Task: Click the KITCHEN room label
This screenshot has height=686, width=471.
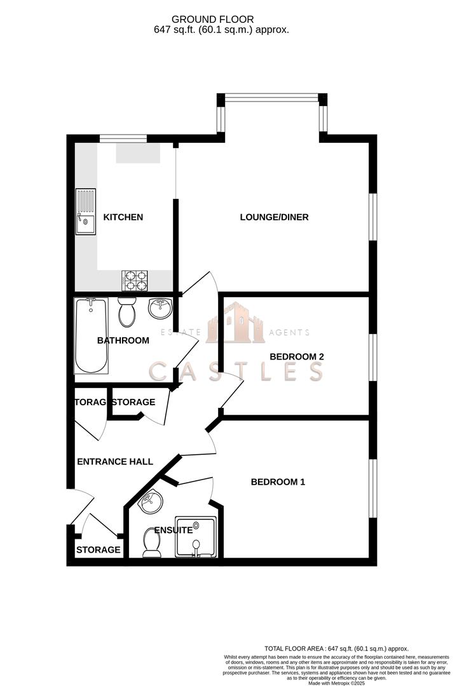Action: pyautogui.click(x=123, y=217)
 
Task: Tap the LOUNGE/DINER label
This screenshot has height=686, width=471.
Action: pyautogui.click(x=274, y=217)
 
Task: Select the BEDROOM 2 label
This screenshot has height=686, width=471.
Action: pyautogui.click(x=297, y=357)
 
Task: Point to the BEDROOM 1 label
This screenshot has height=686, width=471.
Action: pyautogui.click(x=278, y=482)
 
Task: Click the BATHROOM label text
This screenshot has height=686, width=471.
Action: pyautogui.click(x=123, y=340)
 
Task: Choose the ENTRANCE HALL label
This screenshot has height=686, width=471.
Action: pyautogui.click(x=114, y=462)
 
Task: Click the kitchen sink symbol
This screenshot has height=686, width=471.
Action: pyautogui.click(x=85, y=212)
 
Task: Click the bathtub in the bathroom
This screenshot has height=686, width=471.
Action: pyautogui.click(x=91, y=335)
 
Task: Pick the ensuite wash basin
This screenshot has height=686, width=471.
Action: pyautogui.click(x=151, y=502)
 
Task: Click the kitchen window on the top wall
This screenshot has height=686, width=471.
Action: pyautogui.click(x=123, y=138)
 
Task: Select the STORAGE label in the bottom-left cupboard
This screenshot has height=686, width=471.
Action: pyautogui.click(x=98, y=550)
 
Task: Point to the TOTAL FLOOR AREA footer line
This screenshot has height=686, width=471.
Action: pyautogui.click(x=336, y=649)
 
